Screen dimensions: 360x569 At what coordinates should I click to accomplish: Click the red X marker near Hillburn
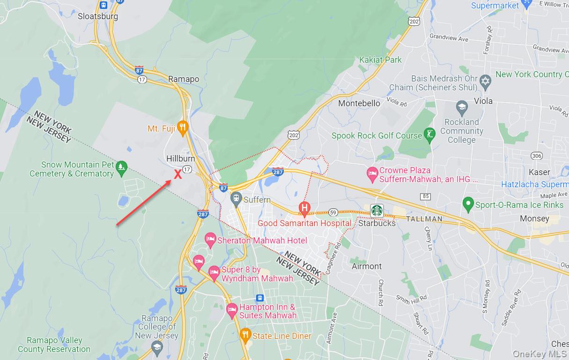178,175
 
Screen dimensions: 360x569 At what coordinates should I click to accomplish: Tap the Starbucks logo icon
377,210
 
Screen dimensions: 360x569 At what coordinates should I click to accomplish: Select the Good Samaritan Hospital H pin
304,207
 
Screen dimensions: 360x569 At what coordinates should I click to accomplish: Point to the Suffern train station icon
236,198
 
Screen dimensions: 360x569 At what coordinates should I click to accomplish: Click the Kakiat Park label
380,60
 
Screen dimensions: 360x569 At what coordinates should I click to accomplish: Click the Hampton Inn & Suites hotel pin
232,309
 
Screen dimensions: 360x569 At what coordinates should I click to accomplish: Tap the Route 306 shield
537,155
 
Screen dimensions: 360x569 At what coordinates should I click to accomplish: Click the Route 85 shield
425,196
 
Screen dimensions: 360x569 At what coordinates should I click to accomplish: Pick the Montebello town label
359,103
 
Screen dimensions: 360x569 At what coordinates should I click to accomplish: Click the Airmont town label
367,266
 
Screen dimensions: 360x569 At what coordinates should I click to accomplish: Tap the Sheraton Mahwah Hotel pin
210,239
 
